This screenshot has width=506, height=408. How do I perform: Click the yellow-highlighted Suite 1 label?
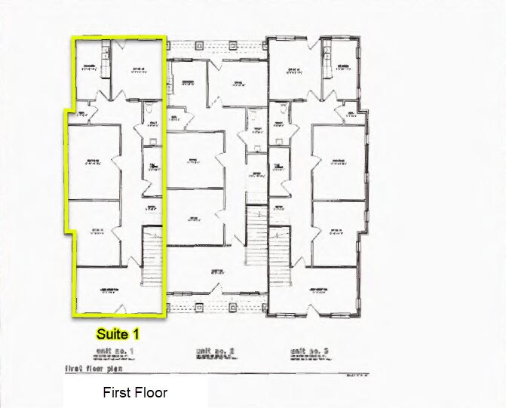(x=117, y=332)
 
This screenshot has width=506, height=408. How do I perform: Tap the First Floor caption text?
(x=135, y=393)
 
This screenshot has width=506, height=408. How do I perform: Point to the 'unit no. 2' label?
(x=216, y=351)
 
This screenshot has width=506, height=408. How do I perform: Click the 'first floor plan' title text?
(x=88, y=370)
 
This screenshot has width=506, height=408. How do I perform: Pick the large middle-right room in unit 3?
(x=339, y=162)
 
